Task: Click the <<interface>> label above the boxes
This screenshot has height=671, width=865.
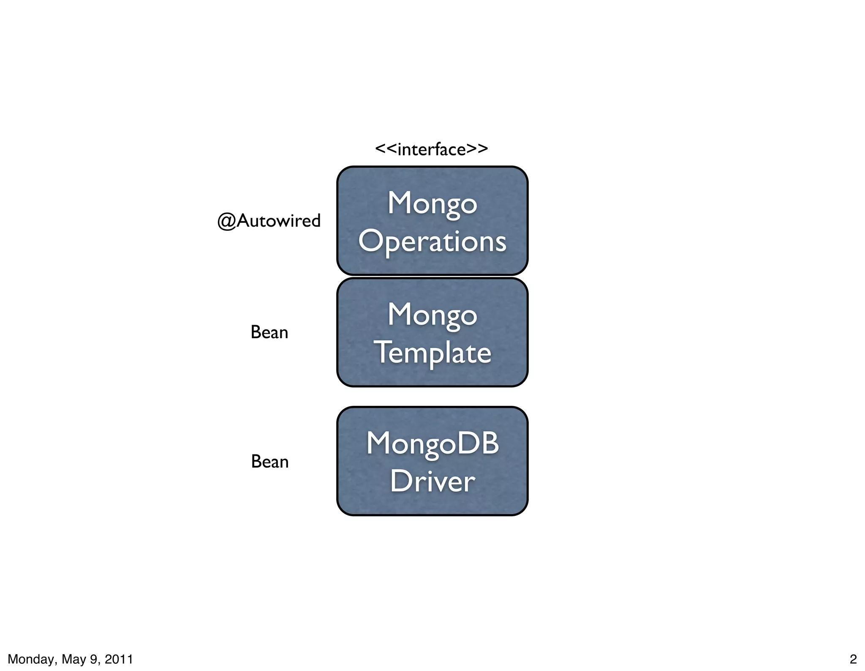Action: (431, 149)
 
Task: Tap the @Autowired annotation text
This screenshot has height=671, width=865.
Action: (269, 221)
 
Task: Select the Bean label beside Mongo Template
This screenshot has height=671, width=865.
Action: (269, 332)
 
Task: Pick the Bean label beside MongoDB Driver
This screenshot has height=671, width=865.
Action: (269, 461)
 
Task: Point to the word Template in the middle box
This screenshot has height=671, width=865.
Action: (432, 353)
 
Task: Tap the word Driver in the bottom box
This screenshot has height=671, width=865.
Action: (432, 481)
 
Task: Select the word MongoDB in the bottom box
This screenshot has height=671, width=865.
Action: (432, 444)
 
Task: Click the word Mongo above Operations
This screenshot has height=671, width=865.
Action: (432, 203)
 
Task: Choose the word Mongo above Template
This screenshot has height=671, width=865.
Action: (432, 315)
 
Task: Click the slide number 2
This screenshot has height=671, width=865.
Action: (853, 659)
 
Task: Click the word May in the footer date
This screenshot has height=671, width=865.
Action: (74, 659)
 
